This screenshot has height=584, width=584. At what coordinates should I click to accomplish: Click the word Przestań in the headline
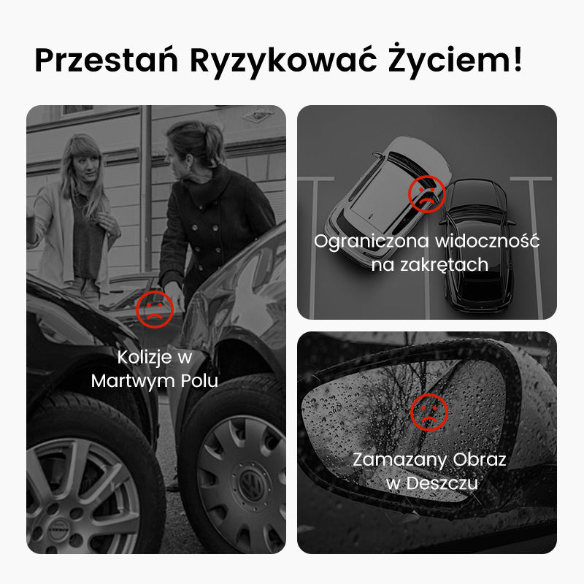click(107, 60)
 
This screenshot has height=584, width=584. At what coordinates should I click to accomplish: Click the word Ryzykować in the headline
click(283, 61)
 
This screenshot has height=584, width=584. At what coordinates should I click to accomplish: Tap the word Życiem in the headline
click(447, 61)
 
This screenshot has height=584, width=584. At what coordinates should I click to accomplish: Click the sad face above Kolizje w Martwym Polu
click(155, 309)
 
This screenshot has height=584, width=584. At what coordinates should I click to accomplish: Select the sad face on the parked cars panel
click(427, 194)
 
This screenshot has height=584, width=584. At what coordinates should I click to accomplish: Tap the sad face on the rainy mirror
click(429, 412)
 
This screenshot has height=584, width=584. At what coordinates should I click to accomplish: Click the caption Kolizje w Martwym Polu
click(155, 369)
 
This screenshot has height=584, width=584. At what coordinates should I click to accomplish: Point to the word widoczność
click(487, 241)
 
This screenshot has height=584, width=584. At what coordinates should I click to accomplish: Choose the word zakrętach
click(444, 265)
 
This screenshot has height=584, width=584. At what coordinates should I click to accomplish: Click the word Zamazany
click(399, 461)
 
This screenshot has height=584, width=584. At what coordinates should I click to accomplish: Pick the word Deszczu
click(442, 483)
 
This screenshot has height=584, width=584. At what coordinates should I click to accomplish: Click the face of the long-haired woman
click(85, 169)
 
